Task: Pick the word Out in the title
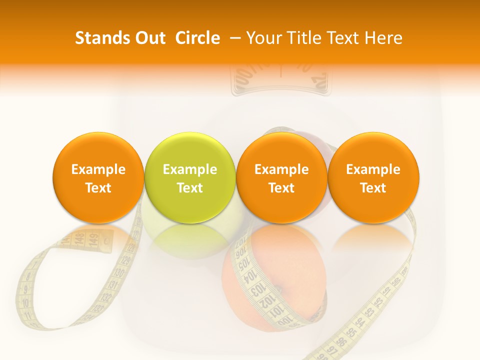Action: tap(148, 38)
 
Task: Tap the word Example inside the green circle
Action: tap(190, 169)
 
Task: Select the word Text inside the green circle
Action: tap(190, 188)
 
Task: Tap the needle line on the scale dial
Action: tap(280, 70)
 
